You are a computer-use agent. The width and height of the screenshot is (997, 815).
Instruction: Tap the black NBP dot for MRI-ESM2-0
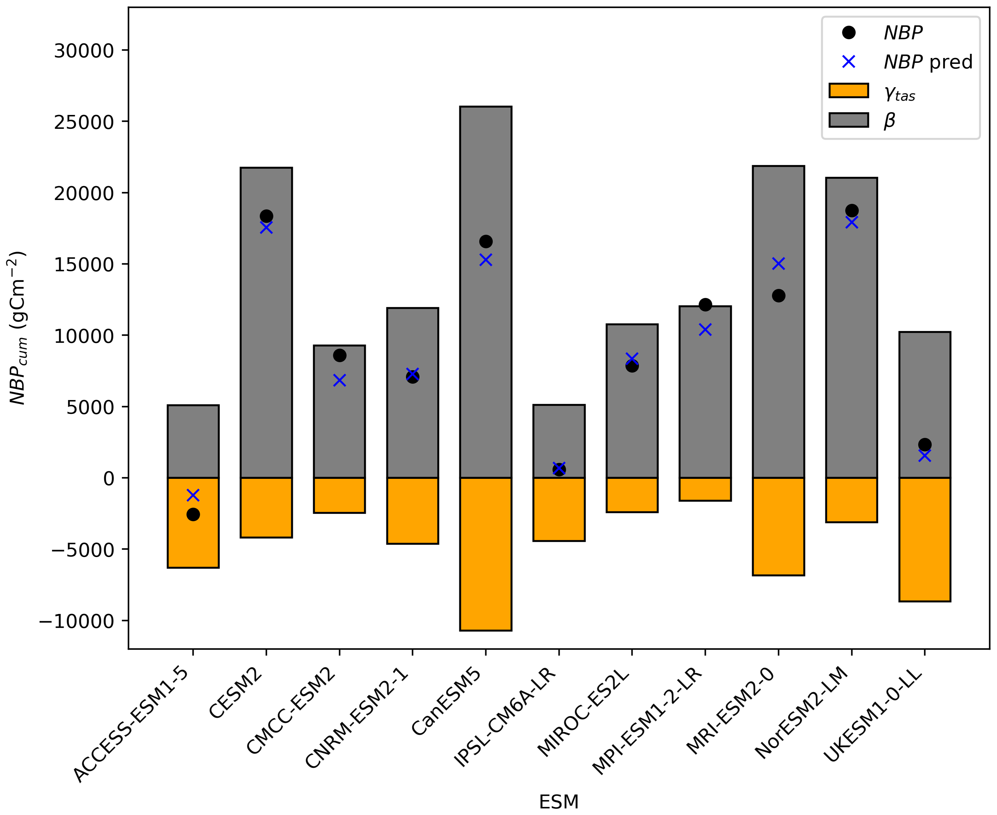pyautogui.click(x=778, y=296)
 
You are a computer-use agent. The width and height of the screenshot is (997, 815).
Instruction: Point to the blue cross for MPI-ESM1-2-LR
pyautogui.click(x=705, y=330)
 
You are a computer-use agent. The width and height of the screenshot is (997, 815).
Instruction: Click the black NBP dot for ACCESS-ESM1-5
pyautogui.click(x=193, y=515)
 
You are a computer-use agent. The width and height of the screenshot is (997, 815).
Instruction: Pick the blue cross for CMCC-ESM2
pyautogui.click(x=340, y=380)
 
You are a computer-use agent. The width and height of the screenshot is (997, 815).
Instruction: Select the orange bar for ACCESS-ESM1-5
pyautogui.click(x=193, y=535)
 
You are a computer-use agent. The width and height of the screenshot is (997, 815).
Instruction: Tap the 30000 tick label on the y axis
pyautogui.click(x=84, y=51)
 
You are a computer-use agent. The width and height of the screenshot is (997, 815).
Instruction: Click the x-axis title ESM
pyautogui.click(x=559, y=802)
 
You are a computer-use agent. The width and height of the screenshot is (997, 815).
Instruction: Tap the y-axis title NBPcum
pyautogui.click(x=18, y=329)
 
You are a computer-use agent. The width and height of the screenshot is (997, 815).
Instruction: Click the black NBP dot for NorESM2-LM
pyautogui.click(x=852, y=210)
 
